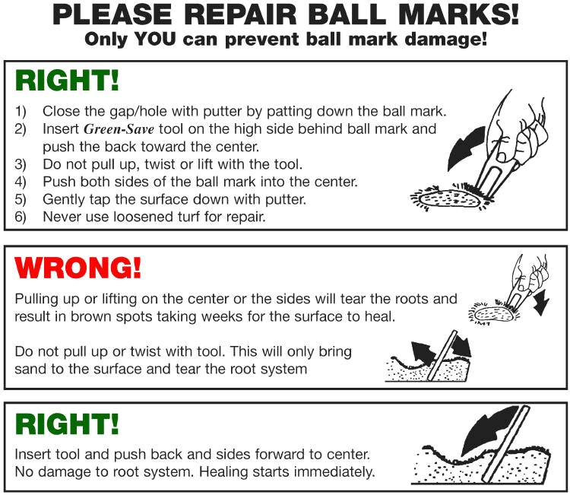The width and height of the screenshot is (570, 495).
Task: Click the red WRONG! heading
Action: tap(78, 268)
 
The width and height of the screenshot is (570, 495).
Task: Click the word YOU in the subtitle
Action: tap(155, 39)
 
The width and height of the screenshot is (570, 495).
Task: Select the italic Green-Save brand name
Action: tap(119, 129)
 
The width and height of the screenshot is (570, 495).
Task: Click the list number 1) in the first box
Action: tap(21, 111)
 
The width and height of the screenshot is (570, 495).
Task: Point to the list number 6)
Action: tap(21, 217)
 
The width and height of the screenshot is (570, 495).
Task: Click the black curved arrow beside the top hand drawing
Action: tap(464, 148)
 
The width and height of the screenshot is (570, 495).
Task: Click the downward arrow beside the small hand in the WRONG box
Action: tap(542, 302)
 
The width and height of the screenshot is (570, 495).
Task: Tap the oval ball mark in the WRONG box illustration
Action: tap(495, 314)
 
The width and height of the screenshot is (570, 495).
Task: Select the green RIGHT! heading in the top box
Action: tap(67, 80)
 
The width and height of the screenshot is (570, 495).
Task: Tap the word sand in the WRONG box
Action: tap(30, 369)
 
